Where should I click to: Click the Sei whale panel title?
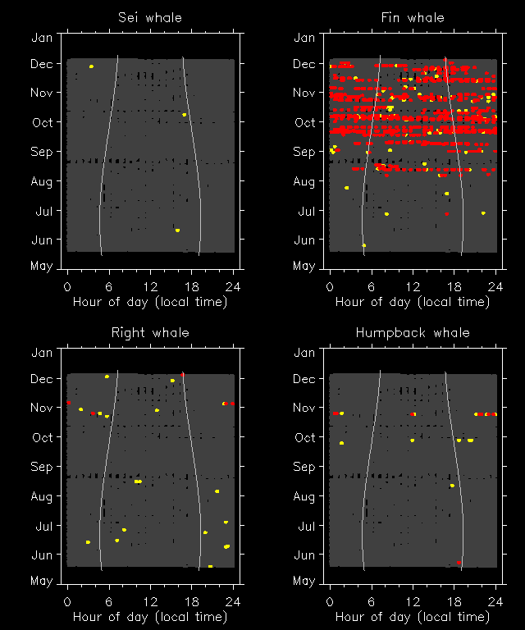150,17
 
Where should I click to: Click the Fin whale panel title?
413,17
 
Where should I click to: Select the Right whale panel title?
150,332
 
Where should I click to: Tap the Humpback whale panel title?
413,332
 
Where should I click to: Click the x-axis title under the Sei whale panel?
150,302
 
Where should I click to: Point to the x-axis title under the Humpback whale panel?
413,617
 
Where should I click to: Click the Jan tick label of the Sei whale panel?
42,38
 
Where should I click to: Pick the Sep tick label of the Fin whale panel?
304,152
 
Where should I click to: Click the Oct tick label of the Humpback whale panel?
304,437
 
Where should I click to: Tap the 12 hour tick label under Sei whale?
150,286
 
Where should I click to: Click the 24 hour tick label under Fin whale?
495,286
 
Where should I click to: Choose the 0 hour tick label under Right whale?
67,601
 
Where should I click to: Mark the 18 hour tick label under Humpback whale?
454,601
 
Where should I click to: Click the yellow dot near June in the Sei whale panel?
177,231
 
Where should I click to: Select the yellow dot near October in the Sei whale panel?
185,115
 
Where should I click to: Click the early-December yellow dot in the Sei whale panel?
91,66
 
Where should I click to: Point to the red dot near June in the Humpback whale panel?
459,562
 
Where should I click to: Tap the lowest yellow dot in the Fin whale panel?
363,245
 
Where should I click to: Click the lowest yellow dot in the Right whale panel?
210,566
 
